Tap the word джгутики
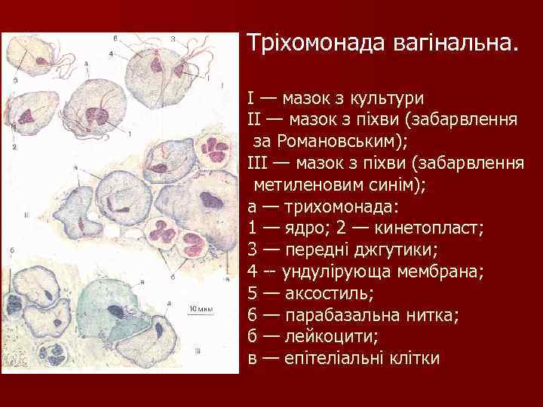(x=380, y=249)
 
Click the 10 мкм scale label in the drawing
(x=199, y=308)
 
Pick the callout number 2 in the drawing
(x=14, y=147)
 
